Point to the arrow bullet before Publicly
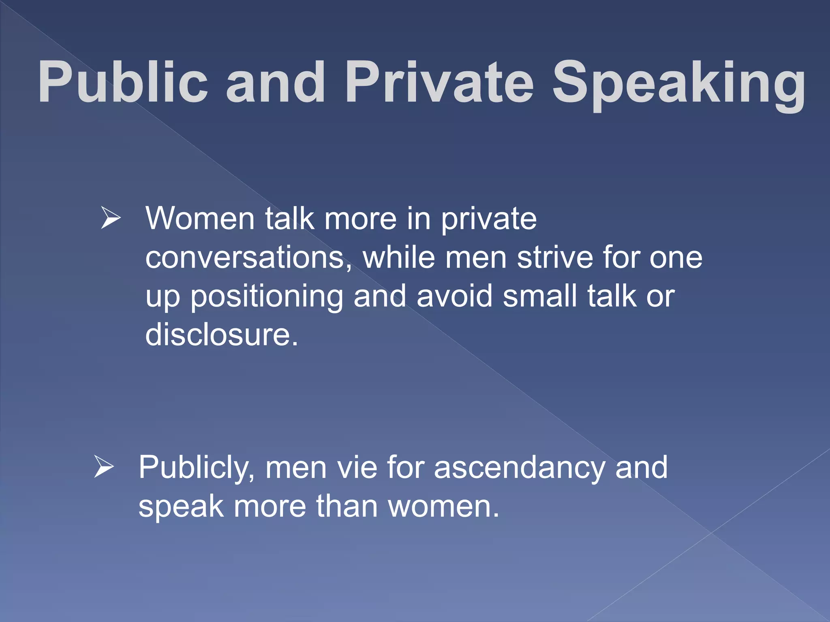(x=104, y=466)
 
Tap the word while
(x=399, y=258)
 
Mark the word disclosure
(x=221, y=335)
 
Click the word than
(x=347, y=506)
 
